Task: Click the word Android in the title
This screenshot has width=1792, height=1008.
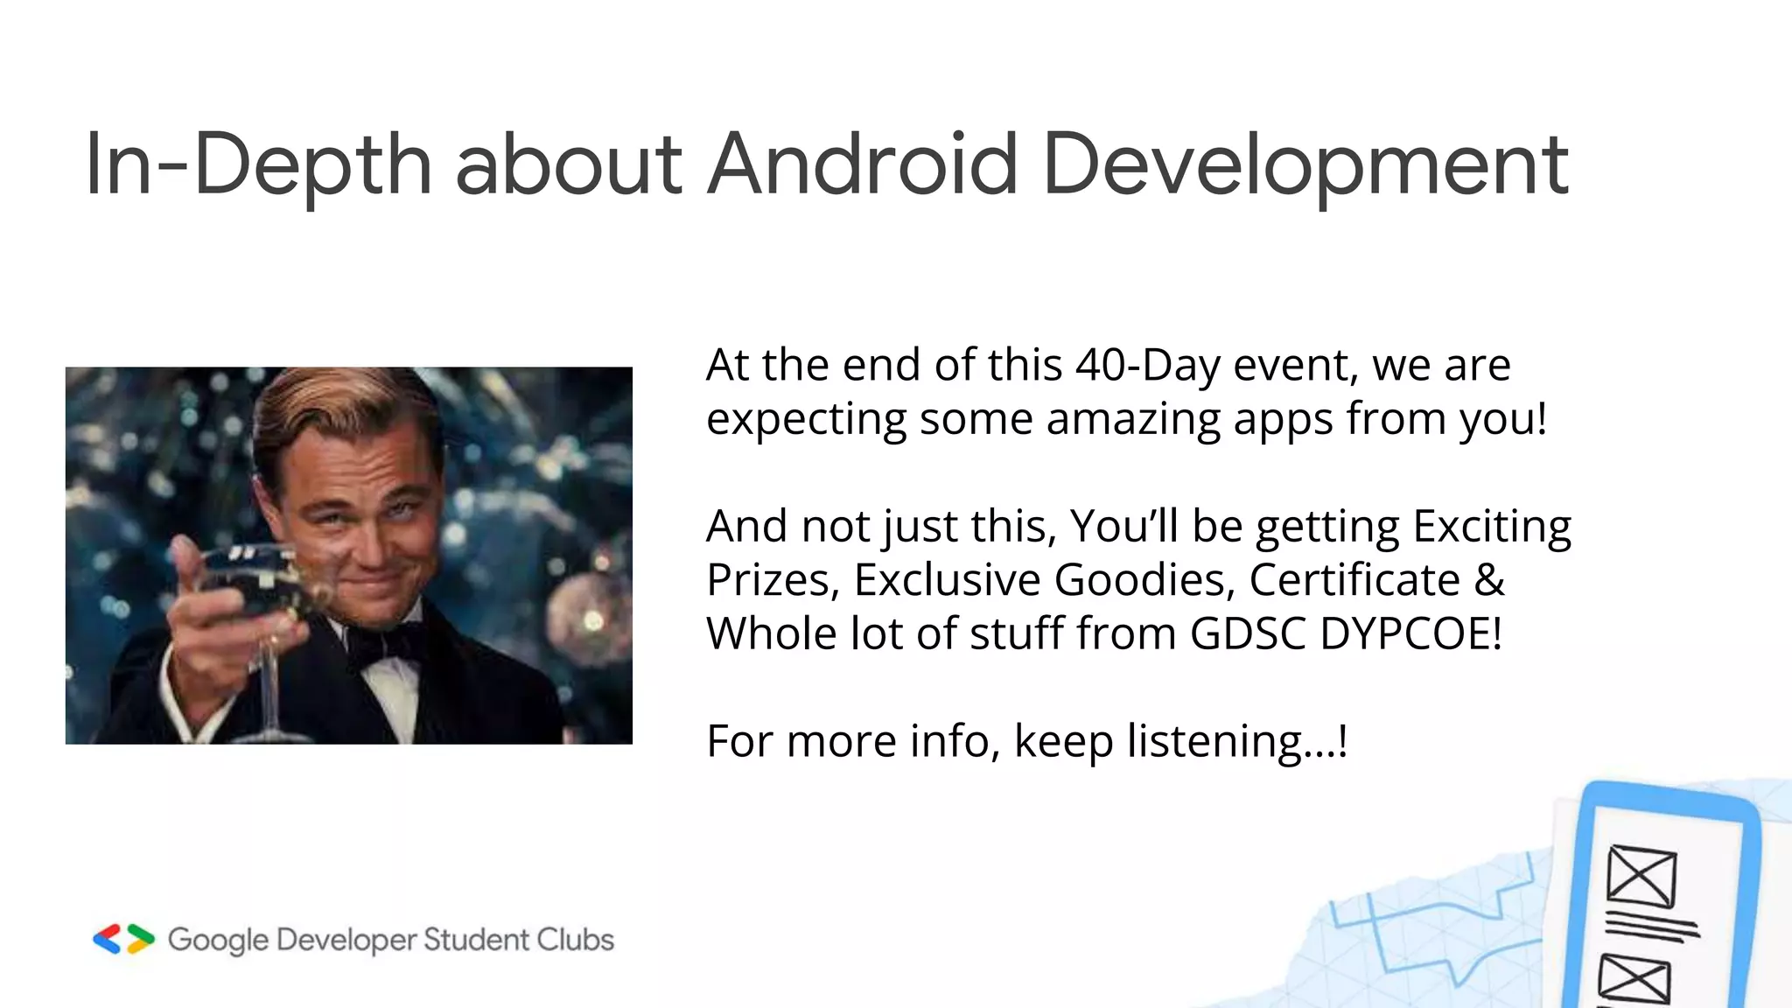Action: click(x=862, y=164)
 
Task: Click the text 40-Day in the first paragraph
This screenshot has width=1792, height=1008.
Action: click(x=1147, y=365)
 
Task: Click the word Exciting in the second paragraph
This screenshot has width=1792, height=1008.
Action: click(x=1492, y=527)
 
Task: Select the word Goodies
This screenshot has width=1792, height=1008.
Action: click(x=1144, y=580)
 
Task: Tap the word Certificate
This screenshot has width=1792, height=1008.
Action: click(x=1354, y=580)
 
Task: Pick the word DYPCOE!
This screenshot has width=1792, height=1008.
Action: click(x=1410, y=633)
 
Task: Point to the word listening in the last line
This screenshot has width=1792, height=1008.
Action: click(x=1216, y=741)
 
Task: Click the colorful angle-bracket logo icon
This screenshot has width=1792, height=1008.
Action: click(x=123, y=939)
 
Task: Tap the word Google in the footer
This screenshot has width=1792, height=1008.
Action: click(x=218, y=941)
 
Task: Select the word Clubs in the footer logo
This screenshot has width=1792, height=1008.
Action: click(x=575, y=940)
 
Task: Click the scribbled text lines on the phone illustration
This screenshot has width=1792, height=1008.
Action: click(x=1652, y=926)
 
